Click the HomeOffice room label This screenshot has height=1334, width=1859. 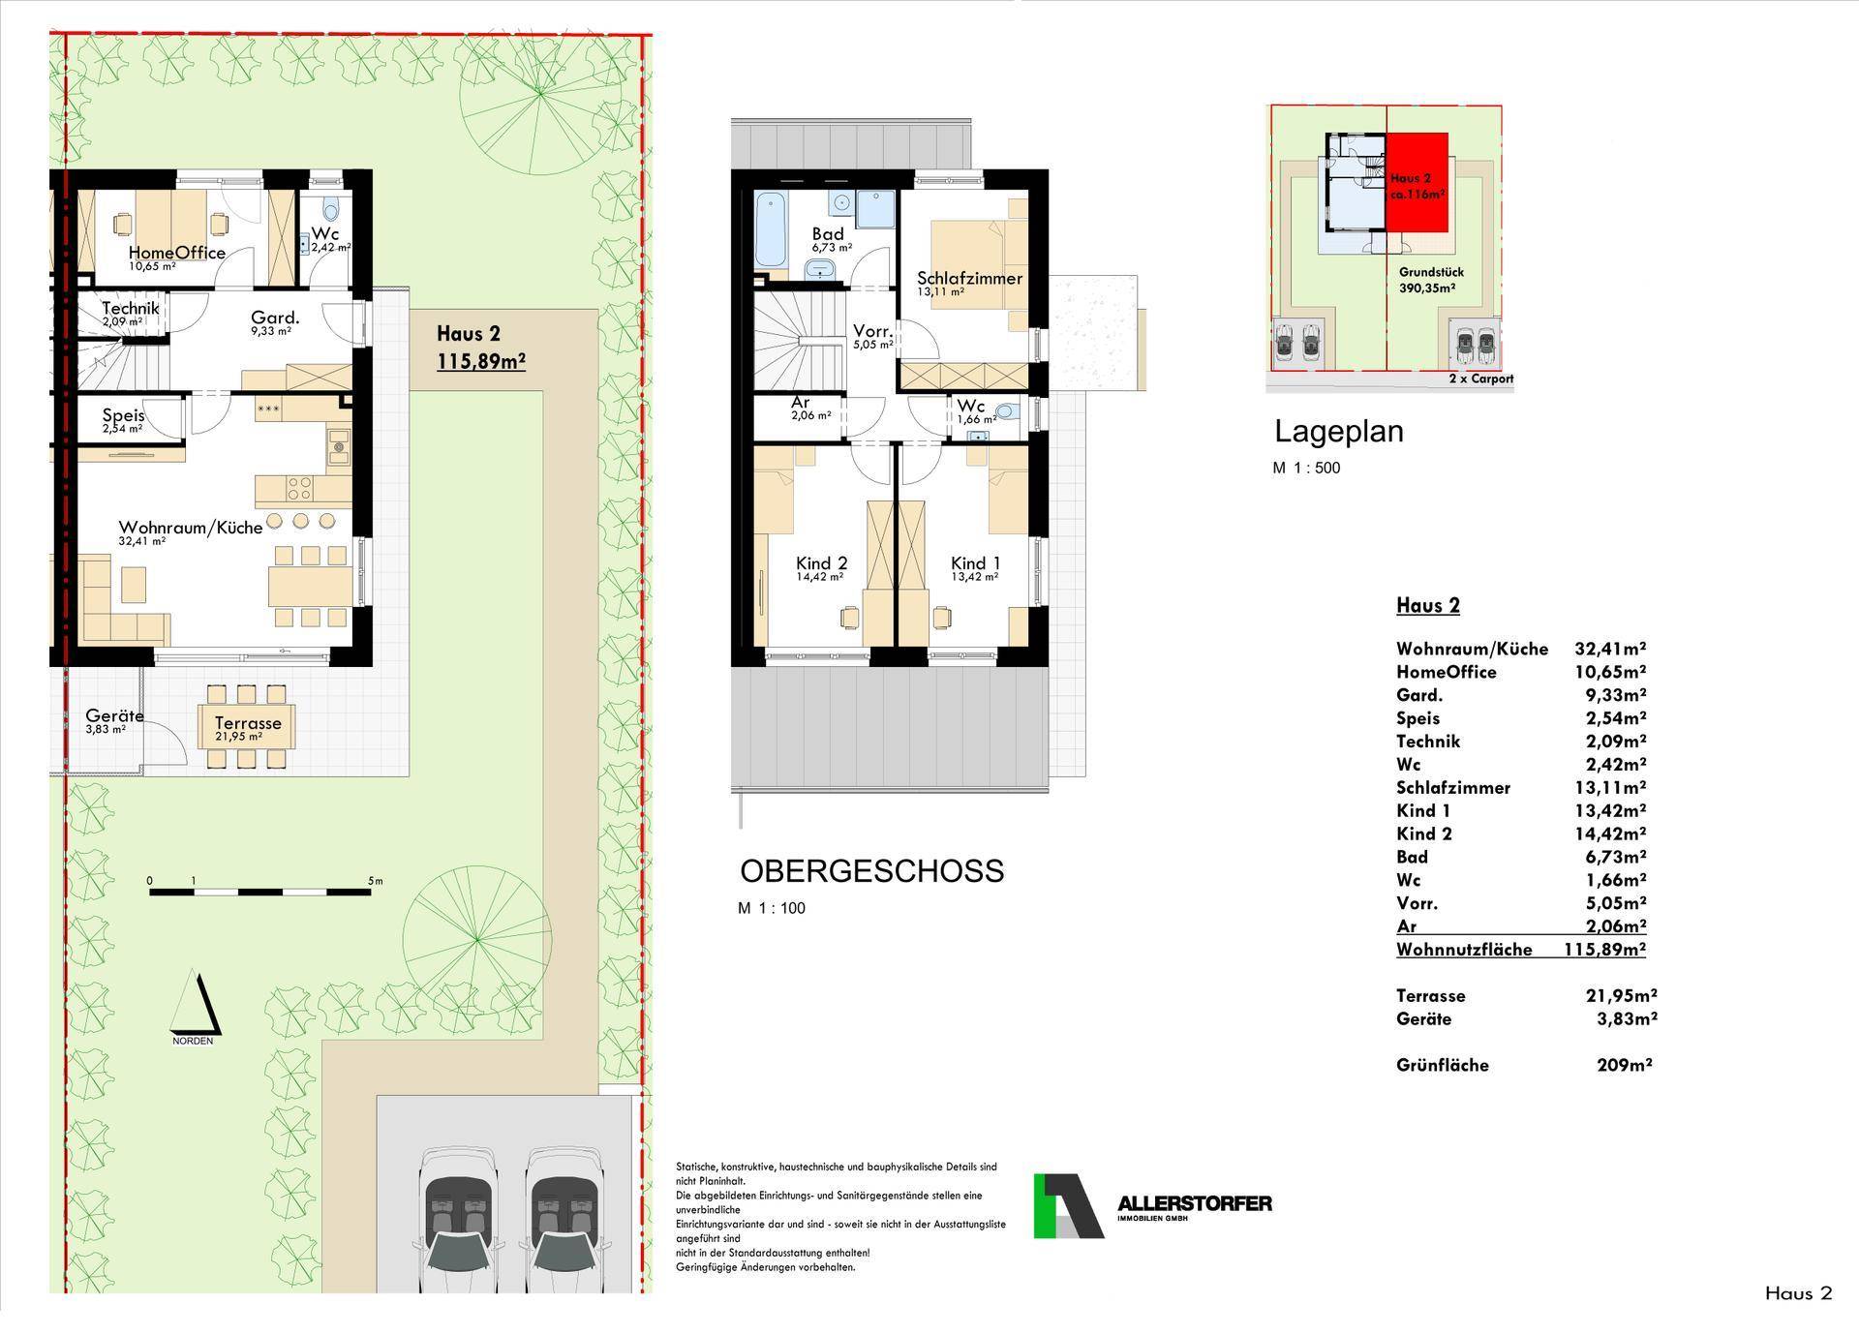coord(177,253)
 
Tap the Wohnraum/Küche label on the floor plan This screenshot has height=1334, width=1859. coord(191,528)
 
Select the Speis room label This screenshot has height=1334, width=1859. coord(123,415)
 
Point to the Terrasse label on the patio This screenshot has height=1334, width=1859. coord(248,723)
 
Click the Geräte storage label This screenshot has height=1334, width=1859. coord(114,715)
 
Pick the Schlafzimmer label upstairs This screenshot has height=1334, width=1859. coord(970,278)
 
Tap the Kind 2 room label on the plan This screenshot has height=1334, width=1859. coord(822,563)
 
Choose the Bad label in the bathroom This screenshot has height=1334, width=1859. coord(828,233)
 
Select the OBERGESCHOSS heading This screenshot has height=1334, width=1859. coord(872,871)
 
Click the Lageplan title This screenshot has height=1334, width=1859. coord(1339,431)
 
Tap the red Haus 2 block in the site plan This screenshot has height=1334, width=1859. coord(1417,183)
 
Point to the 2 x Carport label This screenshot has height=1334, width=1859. coord(1481,379)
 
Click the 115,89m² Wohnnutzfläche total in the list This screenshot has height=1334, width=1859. coord(1604,950)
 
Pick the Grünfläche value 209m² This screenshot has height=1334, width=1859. coord(1624,1065)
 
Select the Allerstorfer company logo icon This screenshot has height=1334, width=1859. coord(1069,1205)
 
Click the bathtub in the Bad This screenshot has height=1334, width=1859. coord(772,229)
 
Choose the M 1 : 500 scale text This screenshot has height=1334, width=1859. coord(1306,469)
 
